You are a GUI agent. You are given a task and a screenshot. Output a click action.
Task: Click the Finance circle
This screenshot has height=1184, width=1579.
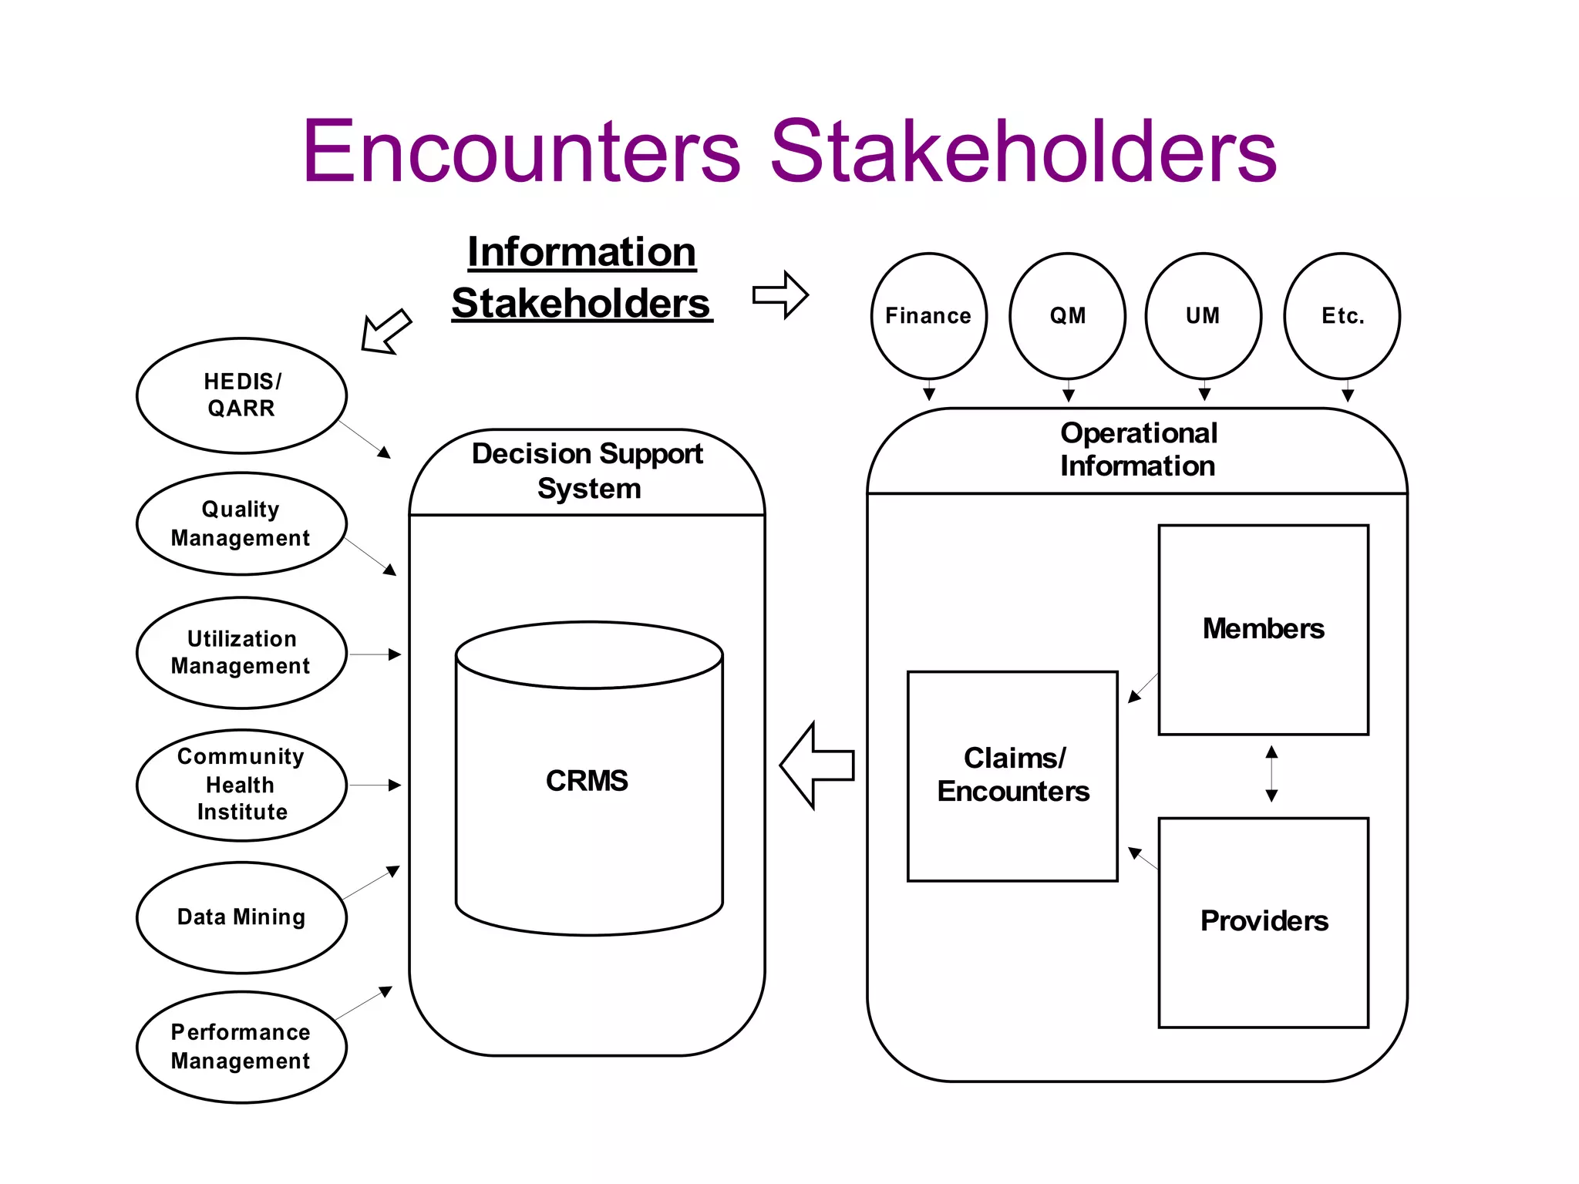point(928,316)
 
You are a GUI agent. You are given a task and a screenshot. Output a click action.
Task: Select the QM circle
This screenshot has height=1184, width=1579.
point(1067,316)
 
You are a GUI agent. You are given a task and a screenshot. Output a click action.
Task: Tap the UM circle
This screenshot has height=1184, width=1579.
point(1203,316)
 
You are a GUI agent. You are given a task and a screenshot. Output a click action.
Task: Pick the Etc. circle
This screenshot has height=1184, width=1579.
point(1342,316)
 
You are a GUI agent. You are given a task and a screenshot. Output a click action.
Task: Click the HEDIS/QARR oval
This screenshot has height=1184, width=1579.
point(241,395)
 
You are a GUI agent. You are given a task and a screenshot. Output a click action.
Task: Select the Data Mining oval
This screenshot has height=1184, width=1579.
point(241,917)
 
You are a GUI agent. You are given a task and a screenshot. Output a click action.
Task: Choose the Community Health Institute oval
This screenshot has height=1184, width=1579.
point(241,785)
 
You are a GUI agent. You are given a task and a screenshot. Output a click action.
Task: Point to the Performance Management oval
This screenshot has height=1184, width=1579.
point(241,1047)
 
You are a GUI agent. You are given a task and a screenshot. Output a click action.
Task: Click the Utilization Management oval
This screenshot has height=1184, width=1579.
point(241,653)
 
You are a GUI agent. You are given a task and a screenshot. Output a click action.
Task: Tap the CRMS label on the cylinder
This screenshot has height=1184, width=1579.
point(587,781)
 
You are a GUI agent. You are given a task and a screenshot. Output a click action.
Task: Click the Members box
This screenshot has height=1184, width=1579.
point(1263,630)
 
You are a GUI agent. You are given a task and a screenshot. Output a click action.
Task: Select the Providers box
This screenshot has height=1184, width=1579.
point(1263,922)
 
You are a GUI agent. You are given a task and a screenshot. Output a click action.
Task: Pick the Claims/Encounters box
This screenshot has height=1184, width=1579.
point(1012,775)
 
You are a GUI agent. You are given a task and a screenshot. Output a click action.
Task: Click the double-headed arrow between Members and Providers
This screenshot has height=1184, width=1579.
point(1271,774)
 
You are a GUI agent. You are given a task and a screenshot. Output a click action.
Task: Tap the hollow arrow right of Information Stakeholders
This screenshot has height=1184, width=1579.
point(780,294)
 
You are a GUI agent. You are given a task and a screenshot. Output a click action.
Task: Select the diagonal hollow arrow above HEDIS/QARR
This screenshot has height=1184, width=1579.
point(386,331)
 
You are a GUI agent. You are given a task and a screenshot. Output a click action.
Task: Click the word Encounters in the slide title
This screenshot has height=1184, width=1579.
point(522,152)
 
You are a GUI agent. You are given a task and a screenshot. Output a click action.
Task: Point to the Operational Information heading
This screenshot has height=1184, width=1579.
point(1138,449)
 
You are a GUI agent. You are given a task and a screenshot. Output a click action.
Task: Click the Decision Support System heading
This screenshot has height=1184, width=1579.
point(587,471)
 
